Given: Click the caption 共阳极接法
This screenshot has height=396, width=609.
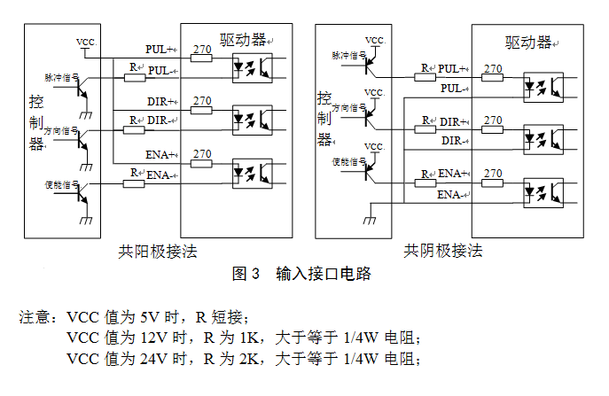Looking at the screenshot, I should coord(158,252).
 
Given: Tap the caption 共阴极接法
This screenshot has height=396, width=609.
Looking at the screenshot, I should coord(443,252).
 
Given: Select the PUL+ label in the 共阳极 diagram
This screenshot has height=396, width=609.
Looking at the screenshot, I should coord(160,49).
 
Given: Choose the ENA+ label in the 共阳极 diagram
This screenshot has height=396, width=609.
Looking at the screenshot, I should coord(160,154).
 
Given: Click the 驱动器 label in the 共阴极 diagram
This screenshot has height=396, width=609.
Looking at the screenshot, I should coord(527,42).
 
